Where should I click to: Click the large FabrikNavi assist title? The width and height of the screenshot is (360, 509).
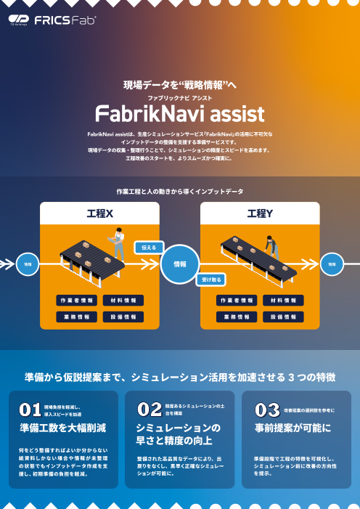[x=180, y=114]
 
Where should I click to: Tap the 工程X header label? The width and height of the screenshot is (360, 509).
[x=99, y=213]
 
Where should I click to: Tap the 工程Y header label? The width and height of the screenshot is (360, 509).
[x=259, y=213]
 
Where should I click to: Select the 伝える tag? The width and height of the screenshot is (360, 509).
[x=147, y=248]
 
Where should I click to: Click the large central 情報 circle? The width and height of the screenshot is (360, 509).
[x=179, y=264]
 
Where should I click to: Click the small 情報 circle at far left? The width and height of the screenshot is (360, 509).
[x=28, y=264]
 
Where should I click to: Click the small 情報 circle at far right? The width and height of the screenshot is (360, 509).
[x=332, y=264]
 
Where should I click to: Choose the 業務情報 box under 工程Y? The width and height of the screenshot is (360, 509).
[x=237, y=317]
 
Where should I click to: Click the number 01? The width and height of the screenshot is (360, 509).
[x=29, y=410]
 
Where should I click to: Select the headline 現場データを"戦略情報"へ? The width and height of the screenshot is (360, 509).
[x=180, y=85]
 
